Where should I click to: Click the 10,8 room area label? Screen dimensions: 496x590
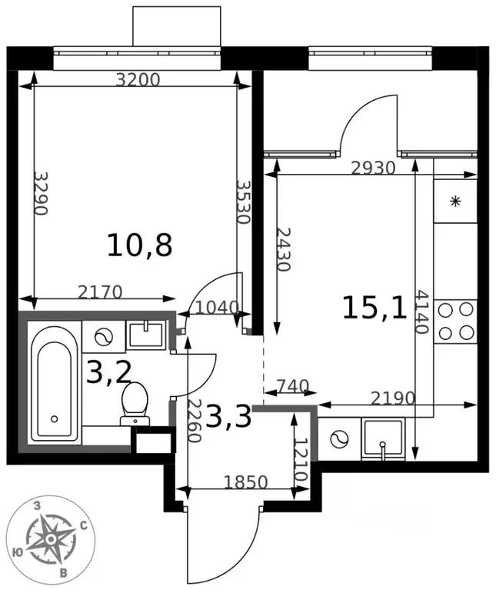point(139,245)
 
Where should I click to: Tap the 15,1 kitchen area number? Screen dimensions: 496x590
point(375,308)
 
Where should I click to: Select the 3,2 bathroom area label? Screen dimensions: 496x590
point(108,372)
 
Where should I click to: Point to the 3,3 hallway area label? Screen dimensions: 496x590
point(228,416)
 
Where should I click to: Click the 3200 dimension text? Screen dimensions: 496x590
point(138,80)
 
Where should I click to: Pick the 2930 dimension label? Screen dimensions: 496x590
point(373,168)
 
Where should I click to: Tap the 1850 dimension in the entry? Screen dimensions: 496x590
point(245,482)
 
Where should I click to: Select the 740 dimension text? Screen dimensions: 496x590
point(293,385)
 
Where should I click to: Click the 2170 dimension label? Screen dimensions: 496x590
point(100,292)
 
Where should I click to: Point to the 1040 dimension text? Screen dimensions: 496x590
point(218,308)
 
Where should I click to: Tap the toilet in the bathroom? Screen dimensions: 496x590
point(135,404)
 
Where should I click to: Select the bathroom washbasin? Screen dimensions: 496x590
point(146,334)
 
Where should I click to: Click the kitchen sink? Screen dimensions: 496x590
point(383,438)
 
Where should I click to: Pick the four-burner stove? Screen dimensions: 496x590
point(456,322)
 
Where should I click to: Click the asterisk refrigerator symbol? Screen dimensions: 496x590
point(456,202)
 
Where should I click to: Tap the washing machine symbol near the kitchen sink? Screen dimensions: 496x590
point(340,439)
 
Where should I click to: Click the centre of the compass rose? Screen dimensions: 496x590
point(51,540)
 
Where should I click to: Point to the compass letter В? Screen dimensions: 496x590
point(64,573)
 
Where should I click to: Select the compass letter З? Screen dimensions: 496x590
point(37,505)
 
